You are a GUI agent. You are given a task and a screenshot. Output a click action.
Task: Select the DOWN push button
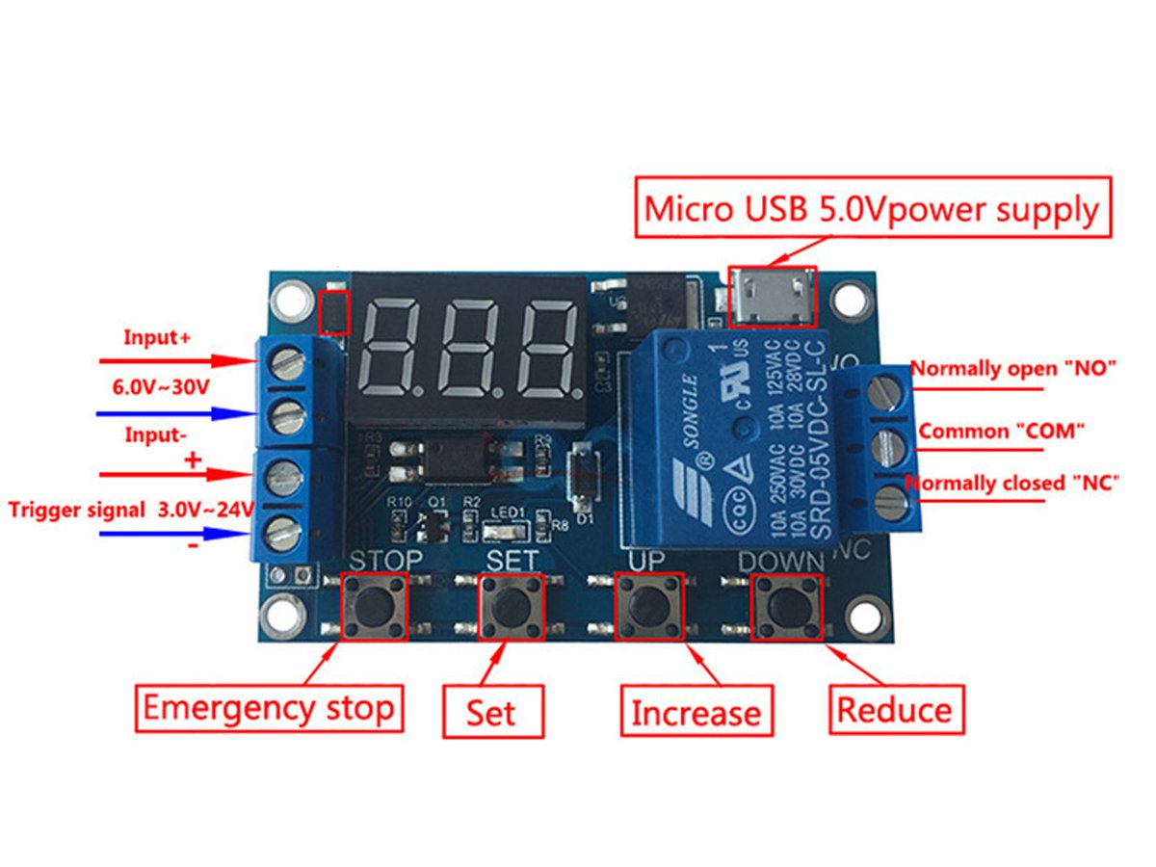787,605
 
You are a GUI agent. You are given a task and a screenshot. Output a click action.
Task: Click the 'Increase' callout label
696,713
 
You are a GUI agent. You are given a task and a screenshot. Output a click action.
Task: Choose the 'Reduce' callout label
895,710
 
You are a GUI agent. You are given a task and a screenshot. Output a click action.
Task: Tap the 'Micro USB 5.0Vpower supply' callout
871,208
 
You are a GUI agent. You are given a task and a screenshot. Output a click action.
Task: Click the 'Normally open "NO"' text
1012,368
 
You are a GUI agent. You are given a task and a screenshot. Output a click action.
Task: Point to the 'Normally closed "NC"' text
1012,483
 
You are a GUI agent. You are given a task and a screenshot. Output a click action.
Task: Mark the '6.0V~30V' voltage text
161,387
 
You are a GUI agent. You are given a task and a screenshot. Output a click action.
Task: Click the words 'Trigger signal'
77,510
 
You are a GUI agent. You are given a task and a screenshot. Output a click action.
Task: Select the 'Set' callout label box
492,713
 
